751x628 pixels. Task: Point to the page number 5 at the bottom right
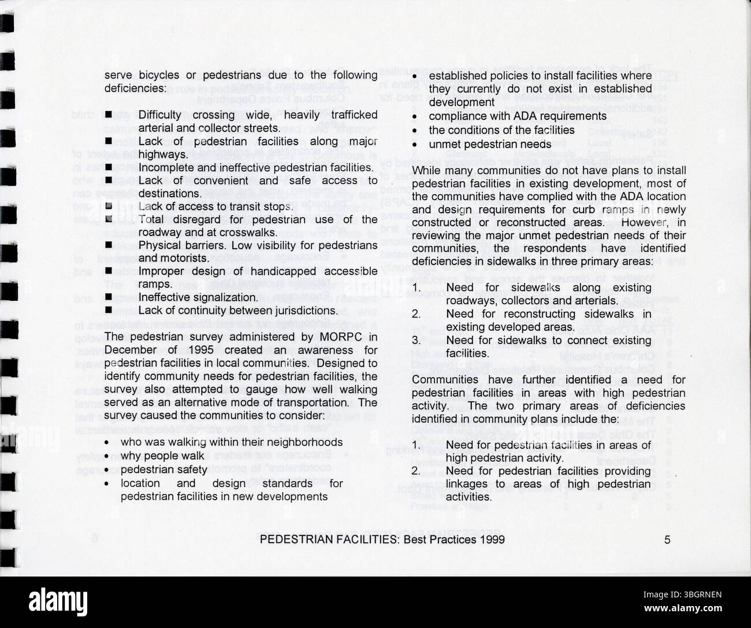point(667,540)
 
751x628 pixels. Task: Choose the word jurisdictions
point(299,311)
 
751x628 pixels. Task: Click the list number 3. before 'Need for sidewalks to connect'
point(416,341)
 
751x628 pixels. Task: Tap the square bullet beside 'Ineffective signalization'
point(108,297)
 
